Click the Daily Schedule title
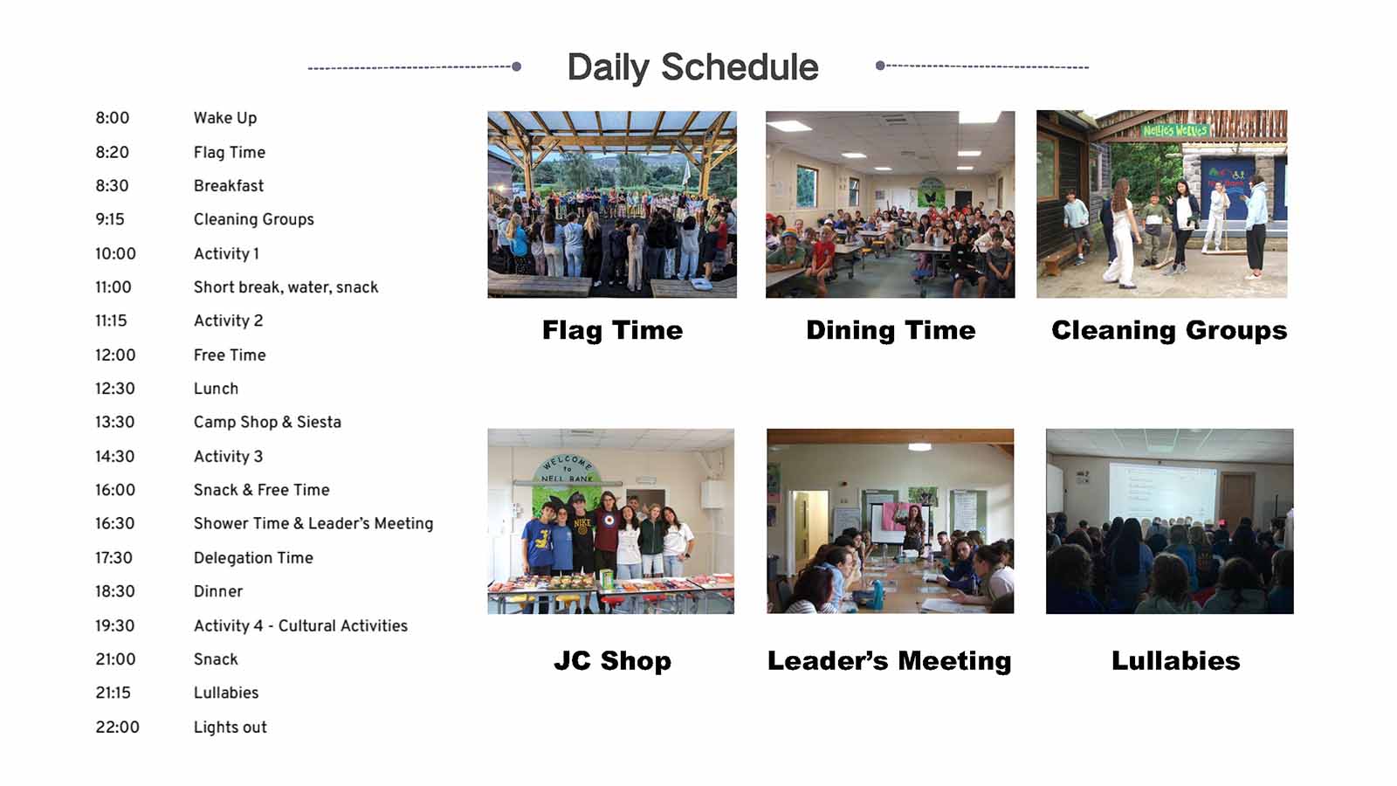pyautogui.click(x=692, y=67)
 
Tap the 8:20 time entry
pyautogui.click(x=113, y=152)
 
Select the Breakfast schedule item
pyautogui.click(x=228, y=186)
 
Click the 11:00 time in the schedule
pyautogui.click(x=113, y=287)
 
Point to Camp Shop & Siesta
pyautogui.click(x=267, y=423)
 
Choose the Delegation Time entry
pyautogui.click(x=253, y=558)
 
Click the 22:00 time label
pyautogui.click(x=117, y=727)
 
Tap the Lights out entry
pyautogui.click(x=231, y=727)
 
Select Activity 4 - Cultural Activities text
pyautogui.click(x=300, y=625)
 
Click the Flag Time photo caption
pyautogui.click(x=612, y=330)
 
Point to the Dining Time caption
pyautogui.click(x=891, y=330)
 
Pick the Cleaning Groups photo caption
pyautogui.click(x=1169, y=331)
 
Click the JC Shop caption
pyautogui.click(x=612, y=660)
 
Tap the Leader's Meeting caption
pyautogui.click(x=890, y=660)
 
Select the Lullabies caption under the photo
pyautogui.click(x=1175, y=660)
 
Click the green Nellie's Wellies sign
pyautogui.click(x=1175, y=130)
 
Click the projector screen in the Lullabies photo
pyautogui.click(x=1162, y=493)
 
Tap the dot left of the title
pyautogui.click(x=516, y=66)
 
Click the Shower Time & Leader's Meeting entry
pyautogui.click(x=313, y=523)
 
